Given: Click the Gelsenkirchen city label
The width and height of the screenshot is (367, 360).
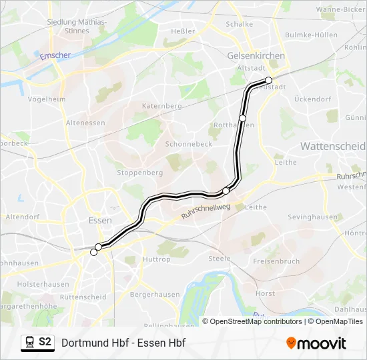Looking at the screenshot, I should (x=256, y=56).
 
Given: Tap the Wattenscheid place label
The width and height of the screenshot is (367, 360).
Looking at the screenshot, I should (x=333, y=146).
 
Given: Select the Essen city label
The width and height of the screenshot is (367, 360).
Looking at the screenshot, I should (x=99, y=220).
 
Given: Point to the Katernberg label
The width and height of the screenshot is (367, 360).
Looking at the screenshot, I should (x=161, y=106).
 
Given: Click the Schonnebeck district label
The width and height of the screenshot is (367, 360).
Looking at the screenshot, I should (x=188, y=144).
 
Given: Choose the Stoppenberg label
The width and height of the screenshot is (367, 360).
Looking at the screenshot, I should (x=140, y=172).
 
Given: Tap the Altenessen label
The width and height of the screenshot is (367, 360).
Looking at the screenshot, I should (x=85, y=123).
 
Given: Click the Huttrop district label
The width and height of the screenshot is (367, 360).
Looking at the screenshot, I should (x=157, y=259).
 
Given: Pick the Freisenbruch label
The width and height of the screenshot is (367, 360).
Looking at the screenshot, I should (x=276, y=261).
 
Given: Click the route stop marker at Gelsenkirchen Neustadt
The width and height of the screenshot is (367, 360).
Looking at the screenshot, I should (x=269, y=80).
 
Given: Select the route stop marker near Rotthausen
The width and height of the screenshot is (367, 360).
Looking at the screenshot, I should (x=243, y=118).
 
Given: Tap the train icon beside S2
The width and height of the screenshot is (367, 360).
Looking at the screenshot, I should (x=29, y=343).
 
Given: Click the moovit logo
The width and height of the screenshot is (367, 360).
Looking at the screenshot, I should (x=316, y=343).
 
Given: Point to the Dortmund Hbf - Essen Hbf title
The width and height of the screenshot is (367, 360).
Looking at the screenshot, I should (x=123, y=343).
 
